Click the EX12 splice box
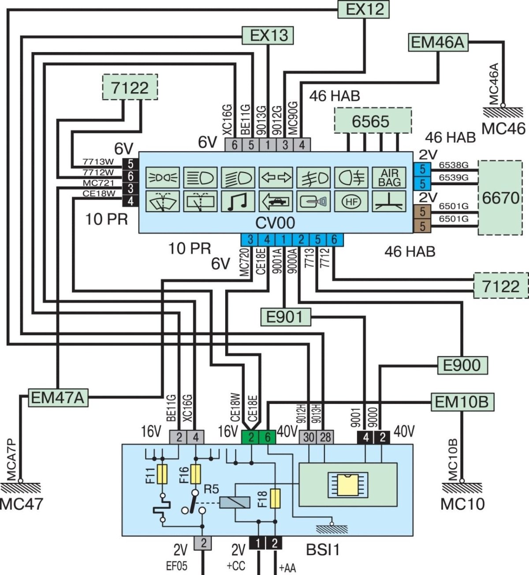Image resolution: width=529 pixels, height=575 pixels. pos(364,9)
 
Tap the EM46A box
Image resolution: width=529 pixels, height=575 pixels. pos(438,42)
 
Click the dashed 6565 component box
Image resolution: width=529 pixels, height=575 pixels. pos(373,120)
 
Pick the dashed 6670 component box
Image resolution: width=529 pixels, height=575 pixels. pos(500,198)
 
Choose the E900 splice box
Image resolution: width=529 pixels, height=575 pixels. pos(462,365)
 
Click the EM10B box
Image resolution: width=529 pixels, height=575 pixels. pos(462,402)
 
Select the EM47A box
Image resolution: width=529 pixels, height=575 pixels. pos(58,398)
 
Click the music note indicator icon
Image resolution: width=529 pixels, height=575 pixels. pos(238,202)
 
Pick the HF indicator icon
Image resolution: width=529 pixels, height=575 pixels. pos(351,202)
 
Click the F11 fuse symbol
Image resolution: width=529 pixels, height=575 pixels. pos(163,474)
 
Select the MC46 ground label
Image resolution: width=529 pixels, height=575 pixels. pos(503,129)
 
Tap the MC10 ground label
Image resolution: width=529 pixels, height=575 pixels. pos(462,504)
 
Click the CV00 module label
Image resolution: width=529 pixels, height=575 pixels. pos(275,223)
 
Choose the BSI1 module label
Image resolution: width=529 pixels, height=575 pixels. pos(323,550)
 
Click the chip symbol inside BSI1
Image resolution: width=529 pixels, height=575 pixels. pos(348,485)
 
